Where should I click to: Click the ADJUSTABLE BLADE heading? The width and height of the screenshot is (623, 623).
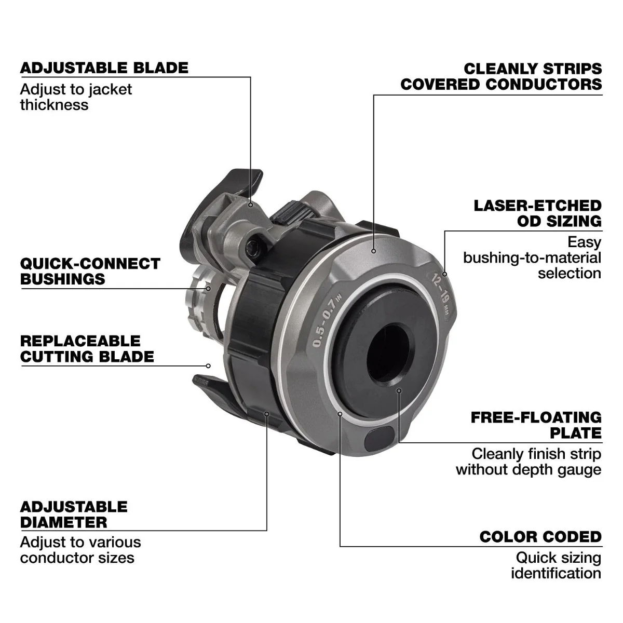tap(104, 68)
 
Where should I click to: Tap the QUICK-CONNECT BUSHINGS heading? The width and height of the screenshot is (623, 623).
tap(90, 271)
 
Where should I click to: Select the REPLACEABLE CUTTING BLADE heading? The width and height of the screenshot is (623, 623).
tap(87, 349)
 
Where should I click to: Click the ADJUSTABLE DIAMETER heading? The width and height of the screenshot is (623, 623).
tap(74, 514)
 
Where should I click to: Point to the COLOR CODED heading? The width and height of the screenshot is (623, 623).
tap(540, 537)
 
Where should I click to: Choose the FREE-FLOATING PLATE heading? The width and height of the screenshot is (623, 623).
tap(536, 425)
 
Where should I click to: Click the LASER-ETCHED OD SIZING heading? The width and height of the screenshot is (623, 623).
tap(537, 213)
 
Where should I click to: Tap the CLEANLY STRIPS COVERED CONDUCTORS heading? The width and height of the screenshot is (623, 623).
tap(502, 76)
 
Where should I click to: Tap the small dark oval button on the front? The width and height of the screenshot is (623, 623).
tap(380, 439)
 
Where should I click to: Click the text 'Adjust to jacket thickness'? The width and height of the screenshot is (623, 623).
tap(76, 97)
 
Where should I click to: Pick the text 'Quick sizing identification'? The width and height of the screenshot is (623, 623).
tap(556, 565)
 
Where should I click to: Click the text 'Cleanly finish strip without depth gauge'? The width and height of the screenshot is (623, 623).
tap(529, 462)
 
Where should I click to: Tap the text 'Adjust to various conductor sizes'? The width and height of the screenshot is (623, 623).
tap(80, 550)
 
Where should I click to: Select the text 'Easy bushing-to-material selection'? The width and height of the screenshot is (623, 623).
tap(532, 258)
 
